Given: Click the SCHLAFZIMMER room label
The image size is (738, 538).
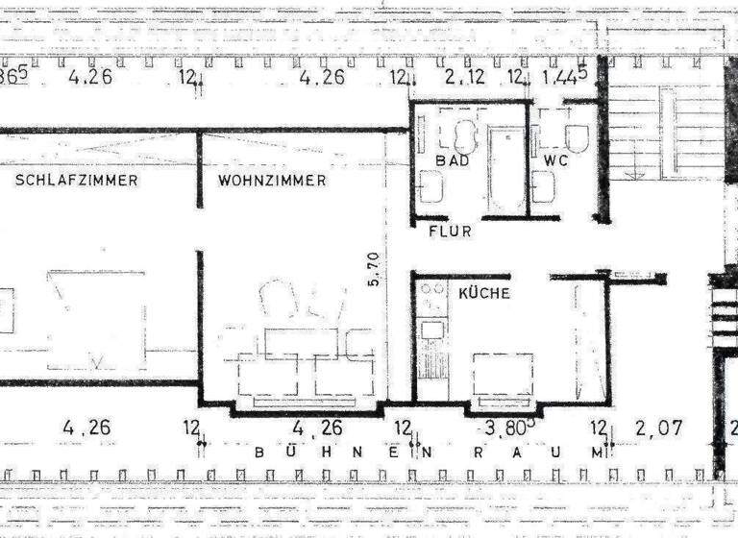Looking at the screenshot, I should click(x=76, y=180).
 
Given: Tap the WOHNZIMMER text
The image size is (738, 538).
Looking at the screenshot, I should click(x=272, y=180).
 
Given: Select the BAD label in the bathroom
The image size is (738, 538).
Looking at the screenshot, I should click(x=452, y=160).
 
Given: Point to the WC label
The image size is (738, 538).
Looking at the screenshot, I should click(x=556, y=160).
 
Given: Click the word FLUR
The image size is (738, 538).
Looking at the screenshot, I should click(x=452, y=231).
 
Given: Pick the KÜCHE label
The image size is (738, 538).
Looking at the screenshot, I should click(x=484, y=294).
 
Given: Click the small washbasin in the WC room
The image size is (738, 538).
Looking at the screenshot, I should click(x=544, y=186).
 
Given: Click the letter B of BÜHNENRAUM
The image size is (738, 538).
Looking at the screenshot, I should click(x=258, y=451).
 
